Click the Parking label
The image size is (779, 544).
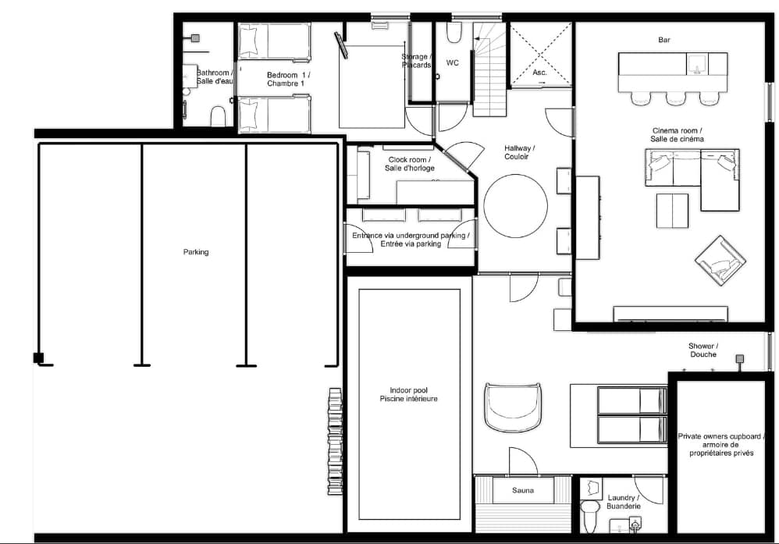tap(196, 252)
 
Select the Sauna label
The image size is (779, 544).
tap(522, 490)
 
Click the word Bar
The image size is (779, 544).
tap(664, 40)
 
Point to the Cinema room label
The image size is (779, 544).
tap(677, 135)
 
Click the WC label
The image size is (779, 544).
tap(452, 62)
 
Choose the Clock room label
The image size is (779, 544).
tap(410, 164)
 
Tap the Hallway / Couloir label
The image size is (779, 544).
tap(520, 151)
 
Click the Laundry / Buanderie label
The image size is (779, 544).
tap(623, 502)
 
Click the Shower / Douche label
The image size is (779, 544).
tap(703, 350)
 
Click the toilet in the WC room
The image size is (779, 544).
tap(454, 33)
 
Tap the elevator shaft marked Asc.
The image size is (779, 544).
tap(540, 55)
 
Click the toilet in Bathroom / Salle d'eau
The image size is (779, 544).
tap(219, 116)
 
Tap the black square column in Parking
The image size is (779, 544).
tap(38, 358)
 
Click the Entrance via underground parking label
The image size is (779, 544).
tap(411, 239)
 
